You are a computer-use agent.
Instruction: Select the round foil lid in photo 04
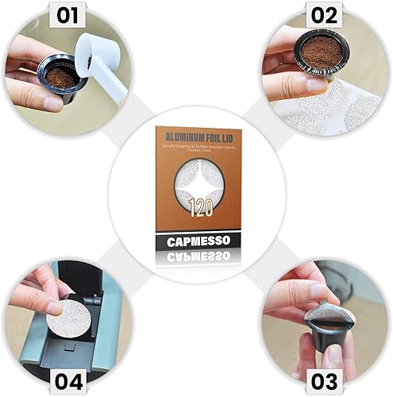pyautogui.click(x=67, y=317)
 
